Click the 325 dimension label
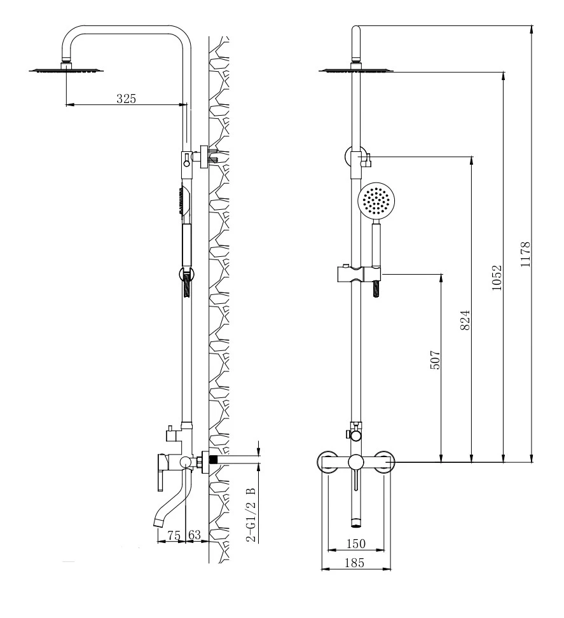tap(126, 98)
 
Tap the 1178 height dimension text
tap(525, 254)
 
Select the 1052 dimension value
tap(497, 278)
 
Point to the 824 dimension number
tap(465, 320)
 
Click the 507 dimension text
tap(434, 359)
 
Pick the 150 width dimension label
tap(356, 544)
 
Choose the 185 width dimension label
tap(354, 563)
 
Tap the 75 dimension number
tap(174, 535)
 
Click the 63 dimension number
tap(195, 535)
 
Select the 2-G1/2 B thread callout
tap(251, 515)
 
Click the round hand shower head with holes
tap(376, 201)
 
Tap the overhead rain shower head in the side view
tap(66, 71)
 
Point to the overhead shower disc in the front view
tap(356, 71)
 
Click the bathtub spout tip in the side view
tap(158, 523)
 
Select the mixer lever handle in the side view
tap(160, 472)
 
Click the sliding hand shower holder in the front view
tap(359, 273)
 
